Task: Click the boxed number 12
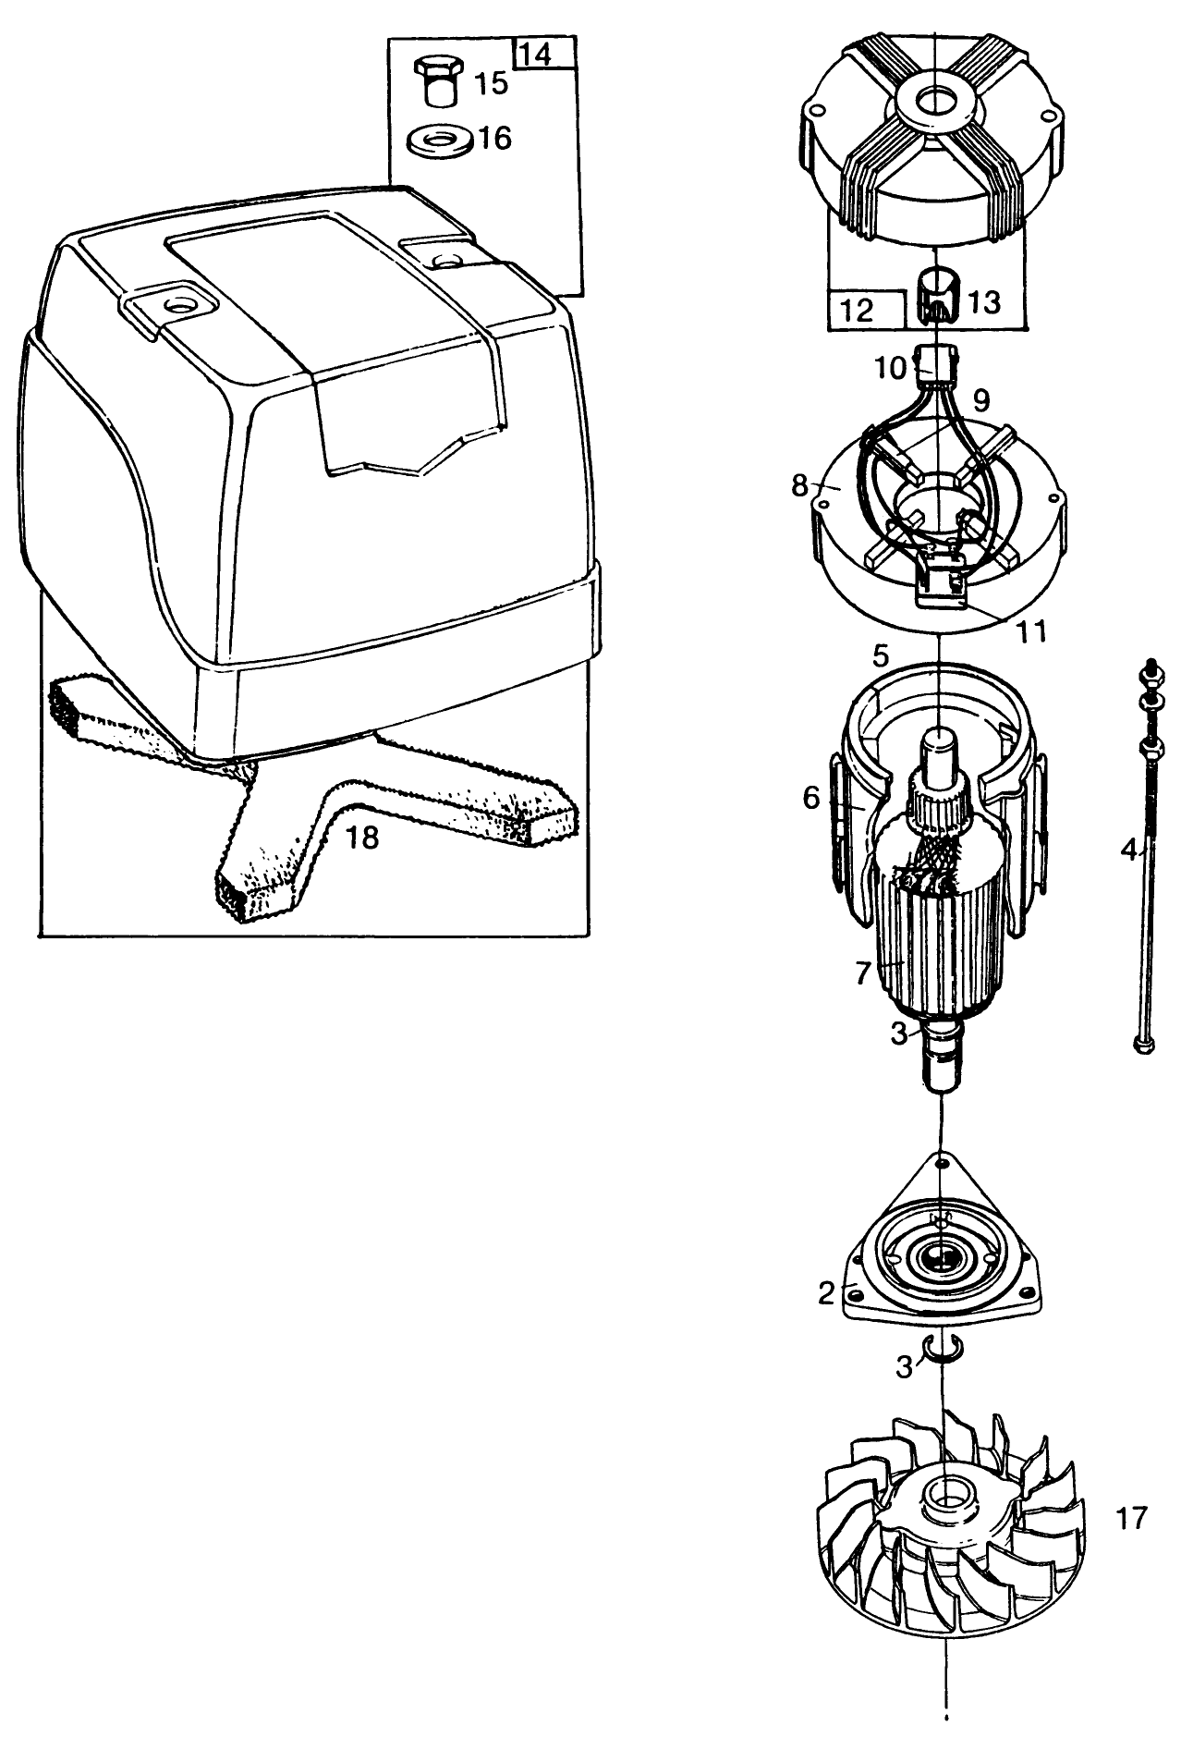point(858,309)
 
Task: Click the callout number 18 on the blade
point(362,838)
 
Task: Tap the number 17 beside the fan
point(1131,1518)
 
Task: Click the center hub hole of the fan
point(944,1494)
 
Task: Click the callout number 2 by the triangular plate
point(827,1293)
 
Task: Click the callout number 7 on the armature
point(863,972)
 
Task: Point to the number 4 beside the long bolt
point(1128,850)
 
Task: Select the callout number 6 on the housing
point(811,797)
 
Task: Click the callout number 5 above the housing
point(879,657)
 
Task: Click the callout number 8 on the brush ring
point(800,485)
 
